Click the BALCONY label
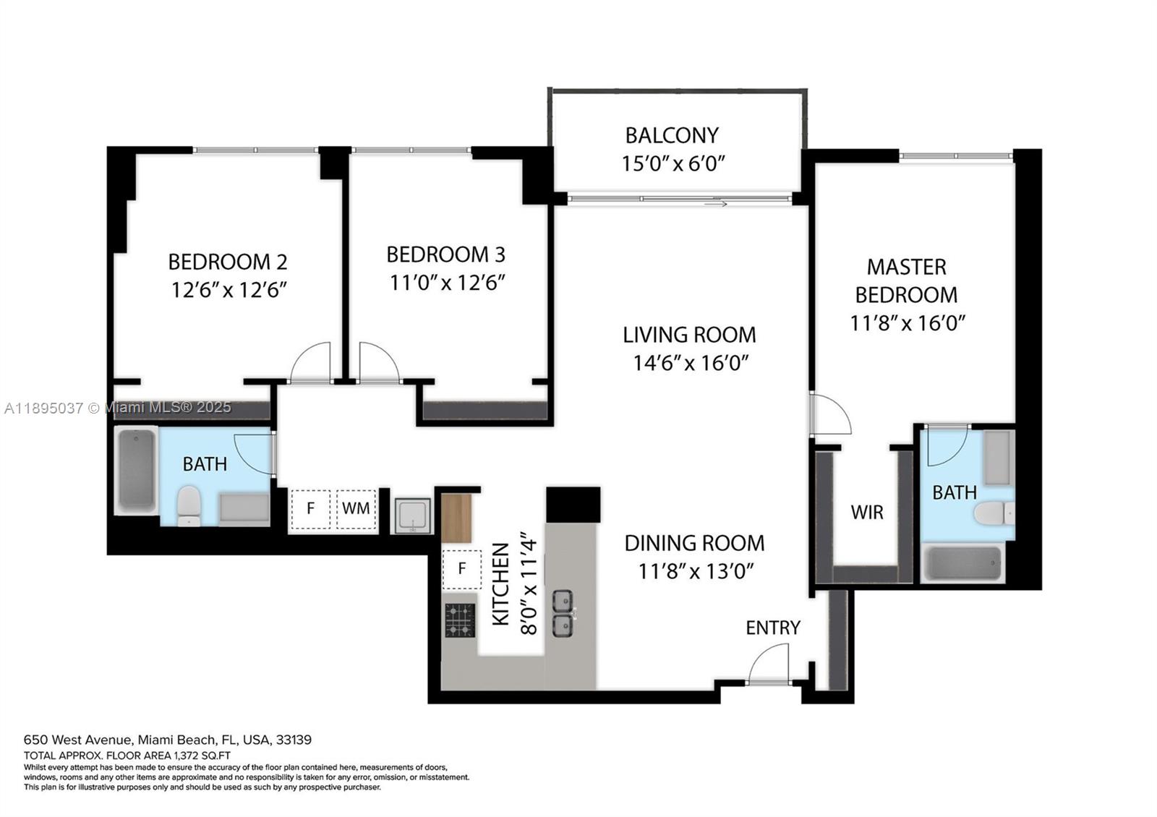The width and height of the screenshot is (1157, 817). (x=672, y=135)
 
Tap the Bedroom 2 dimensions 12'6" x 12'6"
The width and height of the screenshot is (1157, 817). (x=229, y=290)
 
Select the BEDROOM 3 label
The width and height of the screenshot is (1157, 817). (x=445, y=254)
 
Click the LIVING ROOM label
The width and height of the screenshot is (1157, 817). (x=689, y=335)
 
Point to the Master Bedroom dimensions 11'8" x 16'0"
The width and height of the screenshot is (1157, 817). (x=908, y=322)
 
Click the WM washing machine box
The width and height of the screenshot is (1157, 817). (x=356, y=508)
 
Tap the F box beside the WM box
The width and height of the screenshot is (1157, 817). (x=310, y=508)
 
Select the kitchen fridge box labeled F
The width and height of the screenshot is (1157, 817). (x=461, y=569)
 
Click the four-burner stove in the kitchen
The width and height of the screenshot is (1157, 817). (x=460, y=620)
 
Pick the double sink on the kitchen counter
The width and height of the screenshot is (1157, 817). (x=563, y=613)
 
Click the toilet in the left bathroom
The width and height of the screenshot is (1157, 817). (x=189, y=505)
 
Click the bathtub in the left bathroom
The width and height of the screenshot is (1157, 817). (x=136, y=470)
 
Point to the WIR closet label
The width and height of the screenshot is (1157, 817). (x=867, y=513)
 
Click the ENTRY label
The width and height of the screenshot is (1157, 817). (x=773, y=628)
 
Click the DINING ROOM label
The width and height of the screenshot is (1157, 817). (x=694, y=543)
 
